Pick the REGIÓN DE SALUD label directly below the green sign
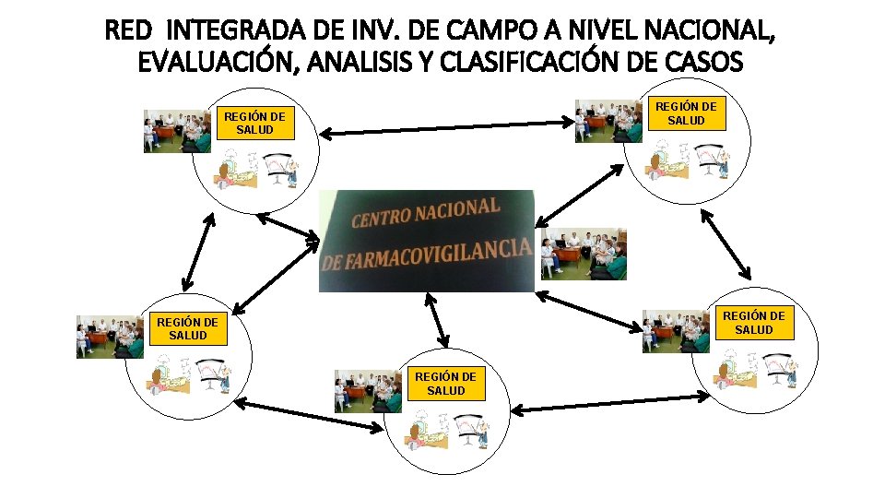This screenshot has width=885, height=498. [x=445, y=383]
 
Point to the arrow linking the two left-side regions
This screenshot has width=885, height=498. [x=197, y=251]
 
